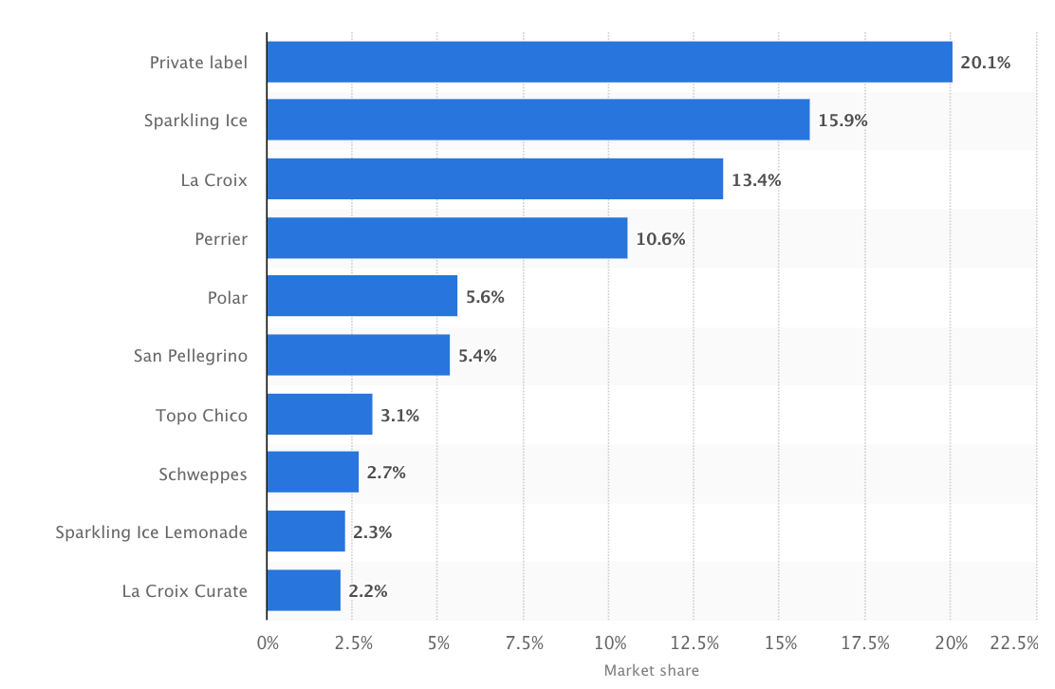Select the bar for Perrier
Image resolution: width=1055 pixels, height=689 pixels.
click(x=447, y=238)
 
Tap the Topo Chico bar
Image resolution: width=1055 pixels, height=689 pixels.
click(x=320, y=415)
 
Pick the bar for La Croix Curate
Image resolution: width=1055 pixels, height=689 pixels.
click(x=304, y=590)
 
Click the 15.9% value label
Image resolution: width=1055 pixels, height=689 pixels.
click(x=842, y=121)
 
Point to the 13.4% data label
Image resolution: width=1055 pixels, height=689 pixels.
click(x=756, y=180)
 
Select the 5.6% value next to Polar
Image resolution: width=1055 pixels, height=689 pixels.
click(x=485, y=297)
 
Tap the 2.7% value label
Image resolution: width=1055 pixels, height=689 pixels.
click(x=386, y=473)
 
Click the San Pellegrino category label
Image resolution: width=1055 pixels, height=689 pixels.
click(x=191, y=356)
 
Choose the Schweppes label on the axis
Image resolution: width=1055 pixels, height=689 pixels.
click(x=203, y=474)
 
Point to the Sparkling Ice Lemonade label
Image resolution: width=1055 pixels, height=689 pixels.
click(x=152, y=532)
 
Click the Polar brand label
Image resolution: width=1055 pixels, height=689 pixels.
click(x=228, y=298)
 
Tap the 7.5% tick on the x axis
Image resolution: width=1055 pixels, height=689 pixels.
click(x=523, y=643)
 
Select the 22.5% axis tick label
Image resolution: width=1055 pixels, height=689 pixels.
click(x=1014, y=643)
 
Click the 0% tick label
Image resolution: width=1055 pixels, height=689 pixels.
click(x=268, y=643)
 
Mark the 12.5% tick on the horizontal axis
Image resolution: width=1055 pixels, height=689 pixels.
click(x=694, y=643)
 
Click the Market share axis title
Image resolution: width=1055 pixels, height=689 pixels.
click(x=651, y=671)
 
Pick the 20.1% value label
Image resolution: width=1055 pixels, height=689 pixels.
click(x=986, y=64)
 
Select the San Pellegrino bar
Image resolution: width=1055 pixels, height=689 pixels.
click(x=359, y=355)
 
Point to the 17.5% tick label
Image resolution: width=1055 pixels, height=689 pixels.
click(x=864, y=643)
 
